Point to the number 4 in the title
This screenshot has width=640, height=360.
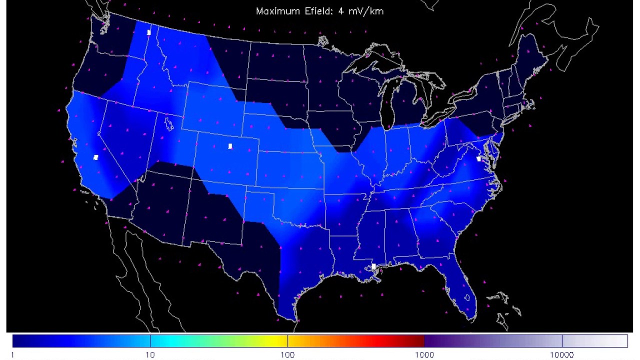(341, 11)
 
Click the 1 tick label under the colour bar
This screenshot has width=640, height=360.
(12, 355)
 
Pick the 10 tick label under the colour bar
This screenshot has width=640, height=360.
(150, 355)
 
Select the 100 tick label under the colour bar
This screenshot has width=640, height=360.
(287, 355)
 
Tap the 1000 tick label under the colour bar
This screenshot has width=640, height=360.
(424, 355)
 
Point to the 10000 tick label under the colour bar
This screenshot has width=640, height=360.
(562, 355)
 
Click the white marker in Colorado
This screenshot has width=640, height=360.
(230, 146)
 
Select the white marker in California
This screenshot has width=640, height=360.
(96, 157)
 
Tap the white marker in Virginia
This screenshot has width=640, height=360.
(479, 159)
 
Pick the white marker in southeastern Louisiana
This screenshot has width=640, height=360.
(373, 267)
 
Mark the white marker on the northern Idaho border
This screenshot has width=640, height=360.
(149, 32)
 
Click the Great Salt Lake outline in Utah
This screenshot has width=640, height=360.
(169, 123)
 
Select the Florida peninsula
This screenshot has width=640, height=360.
(462, 290)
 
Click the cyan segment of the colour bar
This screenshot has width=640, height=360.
(165, 341)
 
